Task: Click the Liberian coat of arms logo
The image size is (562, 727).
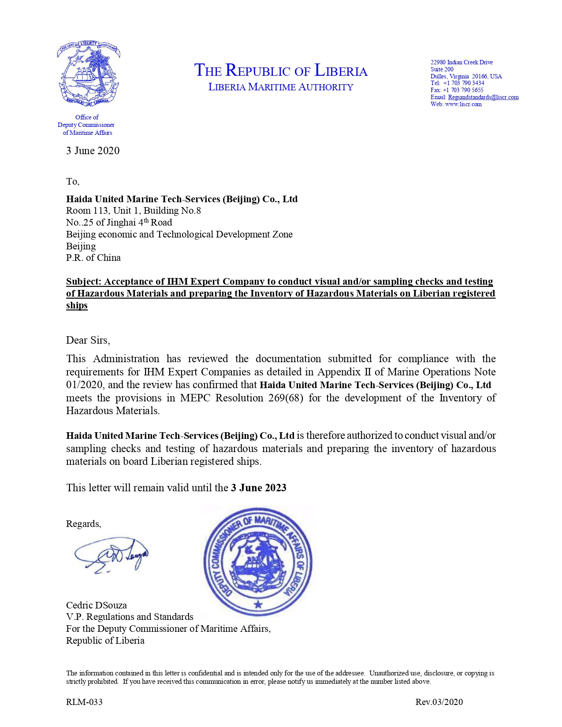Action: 88,74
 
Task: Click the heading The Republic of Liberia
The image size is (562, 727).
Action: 281,70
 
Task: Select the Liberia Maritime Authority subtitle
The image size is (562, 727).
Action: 281,87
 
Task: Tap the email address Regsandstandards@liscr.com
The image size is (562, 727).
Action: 483,97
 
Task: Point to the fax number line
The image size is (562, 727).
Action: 457,90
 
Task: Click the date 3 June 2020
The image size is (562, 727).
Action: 93,151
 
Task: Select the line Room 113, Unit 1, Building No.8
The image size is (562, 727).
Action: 134,211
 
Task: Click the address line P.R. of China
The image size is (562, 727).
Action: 93,258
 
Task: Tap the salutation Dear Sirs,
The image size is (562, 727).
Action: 88,340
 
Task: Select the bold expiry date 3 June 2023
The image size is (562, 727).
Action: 259,488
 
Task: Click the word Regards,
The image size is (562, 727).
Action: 84,524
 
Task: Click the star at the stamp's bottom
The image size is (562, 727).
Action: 258,605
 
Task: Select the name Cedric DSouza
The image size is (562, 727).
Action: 97,605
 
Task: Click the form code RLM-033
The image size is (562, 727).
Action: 84,702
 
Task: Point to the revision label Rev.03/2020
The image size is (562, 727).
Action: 439,702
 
